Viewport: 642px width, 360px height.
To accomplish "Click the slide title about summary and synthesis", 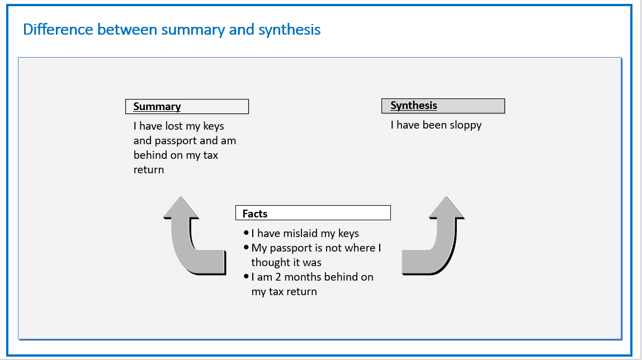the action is pyautogui.click(x=172, y=30).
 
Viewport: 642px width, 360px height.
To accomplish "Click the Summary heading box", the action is pyautogui.click(x=187, y=106).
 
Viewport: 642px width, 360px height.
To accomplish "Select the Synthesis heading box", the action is pyautogui.click(x=443, y=106).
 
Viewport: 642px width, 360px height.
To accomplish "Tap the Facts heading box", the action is pyautogui.click(x=313, y=213).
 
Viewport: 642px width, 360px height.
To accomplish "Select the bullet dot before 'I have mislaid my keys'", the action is pyautogui.click(x=246, y=233).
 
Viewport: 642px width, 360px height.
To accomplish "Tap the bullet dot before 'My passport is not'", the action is pyautogui.click(x=246, y=247).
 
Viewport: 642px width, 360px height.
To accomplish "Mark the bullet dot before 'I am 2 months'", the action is pyautogui.click(x=246, y=276).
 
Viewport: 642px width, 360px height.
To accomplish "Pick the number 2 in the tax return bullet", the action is pyautogui.click(x=278, y=277).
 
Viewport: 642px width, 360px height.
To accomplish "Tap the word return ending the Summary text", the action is pyautogui.click(x=149, y=170).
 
